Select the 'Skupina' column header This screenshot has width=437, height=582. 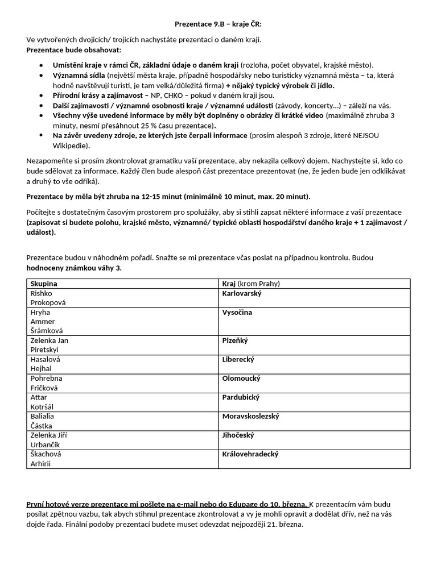click(44, 284)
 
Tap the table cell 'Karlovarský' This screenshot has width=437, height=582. click(242, 293)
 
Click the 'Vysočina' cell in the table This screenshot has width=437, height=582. click(237, 312)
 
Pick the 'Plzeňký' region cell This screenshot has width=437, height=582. click(235, 340)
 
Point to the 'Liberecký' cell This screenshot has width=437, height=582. click(238, 360)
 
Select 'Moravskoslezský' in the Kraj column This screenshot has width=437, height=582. click(250, 417)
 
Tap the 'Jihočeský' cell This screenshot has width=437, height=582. click(238, 435)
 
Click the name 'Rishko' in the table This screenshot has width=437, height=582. click(42, 293)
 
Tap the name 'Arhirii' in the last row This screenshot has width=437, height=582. click(41, 464)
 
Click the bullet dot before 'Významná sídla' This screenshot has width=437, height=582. click(41, 76)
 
